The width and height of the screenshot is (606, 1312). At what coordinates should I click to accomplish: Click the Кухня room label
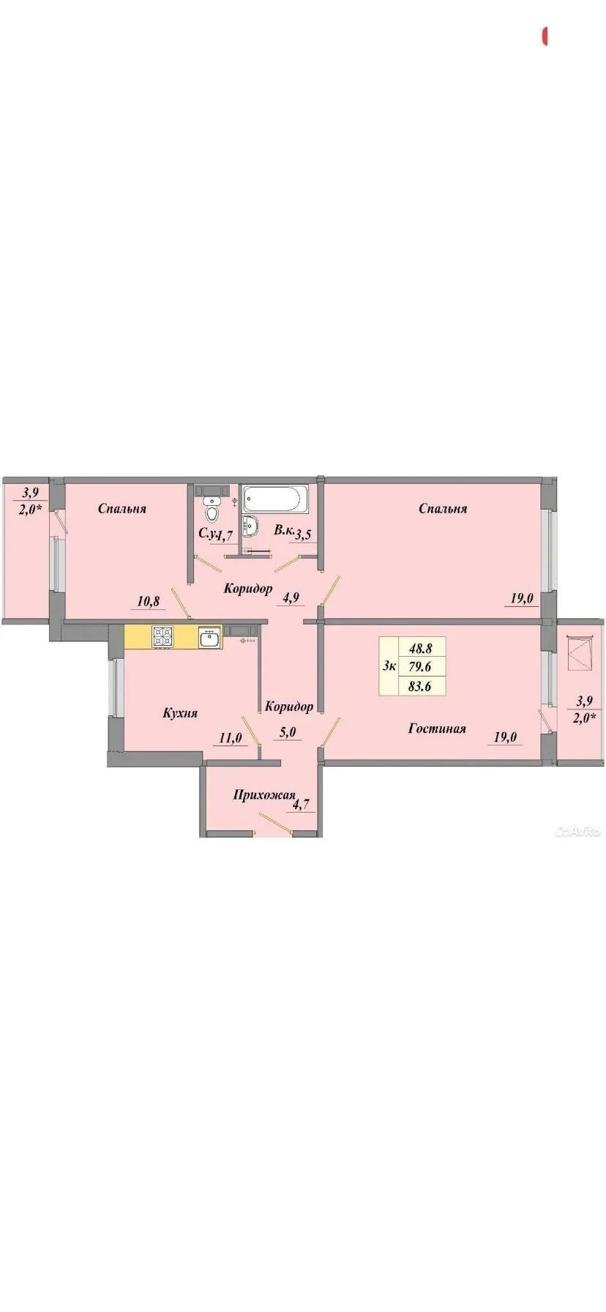point(180,712)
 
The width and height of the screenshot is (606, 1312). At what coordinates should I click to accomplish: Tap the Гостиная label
point(437,728)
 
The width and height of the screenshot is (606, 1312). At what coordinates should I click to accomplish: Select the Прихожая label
point(264,795)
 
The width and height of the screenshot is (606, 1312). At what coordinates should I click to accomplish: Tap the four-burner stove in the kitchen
point(162,637)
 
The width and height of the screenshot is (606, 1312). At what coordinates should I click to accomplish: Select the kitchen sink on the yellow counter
point(209,638)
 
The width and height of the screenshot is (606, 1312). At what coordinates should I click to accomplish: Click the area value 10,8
point(149,602)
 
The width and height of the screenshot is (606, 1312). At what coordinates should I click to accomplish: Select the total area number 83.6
point(421,686)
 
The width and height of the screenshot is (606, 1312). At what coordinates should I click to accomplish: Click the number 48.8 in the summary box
point(421,648)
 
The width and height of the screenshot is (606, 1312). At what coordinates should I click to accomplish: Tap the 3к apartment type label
point(389,666)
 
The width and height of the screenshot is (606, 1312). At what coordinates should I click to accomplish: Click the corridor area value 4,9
point(291,597)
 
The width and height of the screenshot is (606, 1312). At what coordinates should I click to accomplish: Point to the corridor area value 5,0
point(291,731)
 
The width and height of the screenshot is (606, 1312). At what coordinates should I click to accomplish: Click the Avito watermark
point(578,831)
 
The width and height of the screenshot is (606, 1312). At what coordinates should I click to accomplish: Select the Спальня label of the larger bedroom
point(443,508)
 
